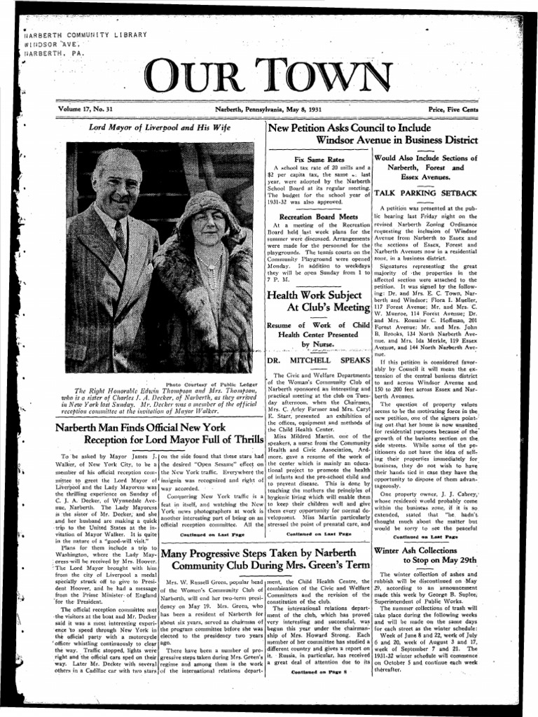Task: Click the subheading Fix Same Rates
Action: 319,160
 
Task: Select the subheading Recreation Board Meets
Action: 319,218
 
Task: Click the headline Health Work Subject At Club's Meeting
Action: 319,298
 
